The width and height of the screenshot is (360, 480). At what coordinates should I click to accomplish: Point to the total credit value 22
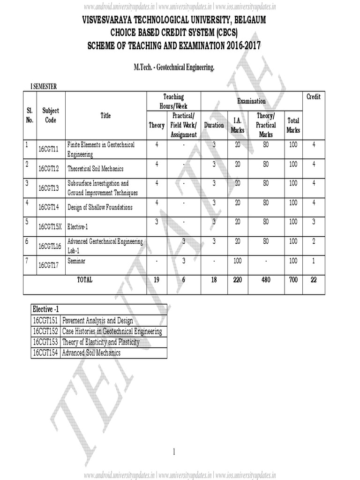[314, 280]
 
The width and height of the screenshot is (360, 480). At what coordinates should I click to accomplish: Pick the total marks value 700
[293, 280]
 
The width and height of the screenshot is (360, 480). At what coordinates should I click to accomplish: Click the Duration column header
[214, 125]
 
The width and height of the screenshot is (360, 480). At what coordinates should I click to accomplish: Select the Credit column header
[313, 97]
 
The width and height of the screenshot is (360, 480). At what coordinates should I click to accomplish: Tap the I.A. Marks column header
[238, 125]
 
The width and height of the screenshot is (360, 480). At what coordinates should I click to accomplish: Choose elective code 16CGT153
[45, 342]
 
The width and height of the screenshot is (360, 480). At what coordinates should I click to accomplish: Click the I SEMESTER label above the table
[44, 86]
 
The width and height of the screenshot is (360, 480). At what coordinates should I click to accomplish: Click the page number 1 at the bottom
[173, 452]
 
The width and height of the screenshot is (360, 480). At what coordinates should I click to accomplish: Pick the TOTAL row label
[85, 280]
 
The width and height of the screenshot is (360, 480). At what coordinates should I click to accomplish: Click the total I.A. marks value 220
[238, 280]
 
